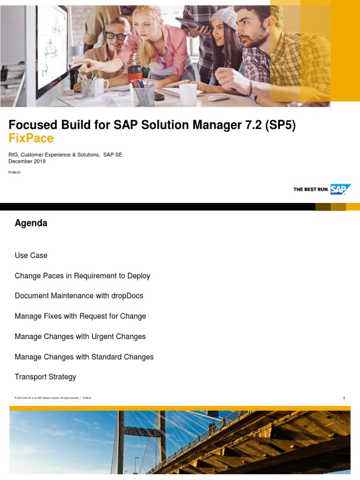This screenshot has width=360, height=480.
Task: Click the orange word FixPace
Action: point(31,138)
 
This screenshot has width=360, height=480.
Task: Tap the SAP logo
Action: point(341,189)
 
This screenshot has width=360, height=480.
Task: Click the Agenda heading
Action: point(31,223)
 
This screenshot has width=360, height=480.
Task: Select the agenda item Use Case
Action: point(31,255)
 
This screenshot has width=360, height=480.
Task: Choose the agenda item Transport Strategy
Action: point(45,377)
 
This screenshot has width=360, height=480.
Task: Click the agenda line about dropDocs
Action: point(79,296)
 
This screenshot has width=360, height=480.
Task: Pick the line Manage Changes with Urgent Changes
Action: point(80,337)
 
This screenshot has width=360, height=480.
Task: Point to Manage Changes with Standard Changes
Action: point(84,357)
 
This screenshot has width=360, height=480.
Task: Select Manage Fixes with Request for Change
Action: point(80,316)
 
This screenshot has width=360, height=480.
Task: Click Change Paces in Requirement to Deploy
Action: point(82,276)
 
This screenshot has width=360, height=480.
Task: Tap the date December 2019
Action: point(27,161)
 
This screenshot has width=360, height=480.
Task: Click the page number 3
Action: point(344,398)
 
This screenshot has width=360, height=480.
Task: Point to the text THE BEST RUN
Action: point(310,189)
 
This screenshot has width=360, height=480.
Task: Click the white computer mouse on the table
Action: point(218,98)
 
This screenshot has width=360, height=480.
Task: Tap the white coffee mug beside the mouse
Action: point(187,94)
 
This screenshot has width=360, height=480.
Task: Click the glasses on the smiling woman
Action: point(116,36)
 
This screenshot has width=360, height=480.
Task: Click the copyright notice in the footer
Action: point(47,398)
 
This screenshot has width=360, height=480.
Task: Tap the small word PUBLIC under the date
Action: point(15,172)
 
